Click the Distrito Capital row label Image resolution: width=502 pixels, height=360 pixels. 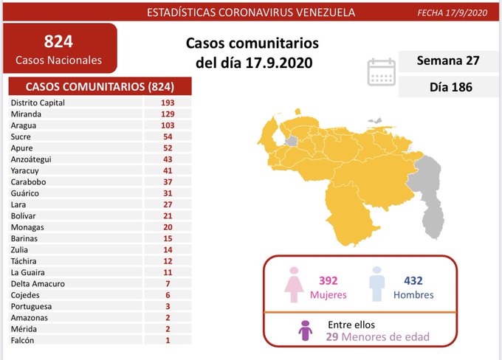coord(38,103)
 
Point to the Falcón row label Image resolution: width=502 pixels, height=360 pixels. coord(22,340)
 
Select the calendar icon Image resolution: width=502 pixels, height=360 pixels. coord(381,72)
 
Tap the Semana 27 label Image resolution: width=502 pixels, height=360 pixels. coord(447,60)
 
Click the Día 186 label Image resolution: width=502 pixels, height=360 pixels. coord(447,87)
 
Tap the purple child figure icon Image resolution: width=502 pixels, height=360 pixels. coord(306,330)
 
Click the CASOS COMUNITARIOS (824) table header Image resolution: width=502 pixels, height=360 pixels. coord(100,86)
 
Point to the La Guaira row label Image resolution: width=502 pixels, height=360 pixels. coord(27,272)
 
